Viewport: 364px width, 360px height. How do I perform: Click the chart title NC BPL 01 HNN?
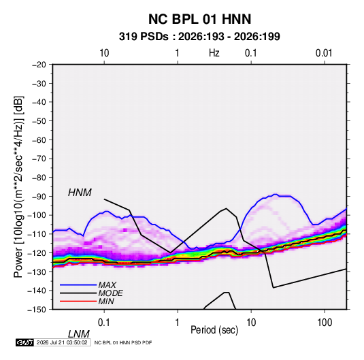(199, 19)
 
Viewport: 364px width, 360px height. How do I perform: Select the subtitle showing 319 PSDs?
(199, 37)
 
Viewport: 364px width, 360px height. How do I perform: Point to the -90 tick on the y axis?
(39, 197)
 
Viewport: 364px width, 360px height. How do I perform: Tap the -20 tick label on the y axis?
(39, 65)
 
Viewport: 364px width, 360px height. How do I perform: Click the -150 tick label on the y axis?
(37, 310)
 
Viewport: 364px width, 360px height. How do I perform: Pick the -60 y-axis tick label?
(39, 140)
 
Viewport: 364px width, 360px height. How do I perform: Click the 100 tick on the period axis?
(325, 323)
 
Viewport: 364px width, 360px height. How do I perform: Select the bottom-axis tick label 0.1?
(104, 323)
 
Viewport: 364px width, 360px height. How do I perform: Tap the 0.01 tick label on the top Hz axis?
(324, 53)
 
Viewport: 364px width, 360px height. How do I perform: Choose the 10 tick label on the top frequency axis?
(104, 53)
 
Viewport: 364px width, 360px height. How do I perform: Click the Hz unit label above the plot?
(214, 53)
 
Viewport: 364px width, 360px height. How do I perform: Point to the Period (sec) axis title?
(214, 330)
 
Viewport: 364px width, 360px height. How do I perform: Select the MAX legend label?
(107, 285)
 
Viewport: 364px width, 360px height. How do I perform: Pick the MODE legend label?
(110, 293)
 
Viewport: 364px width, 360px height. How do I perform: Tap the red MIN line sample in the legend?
(78, 301)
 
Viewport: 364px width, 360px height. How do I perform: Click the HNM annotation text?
(80, 193)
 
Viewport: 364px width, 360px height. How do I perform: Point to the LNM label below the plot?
(79, 334)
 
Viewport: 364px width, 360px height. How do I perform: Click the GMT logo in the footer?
(25, 342)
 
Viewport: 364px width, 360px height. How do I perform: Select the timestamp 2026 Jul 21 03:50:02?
(62, 342)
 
